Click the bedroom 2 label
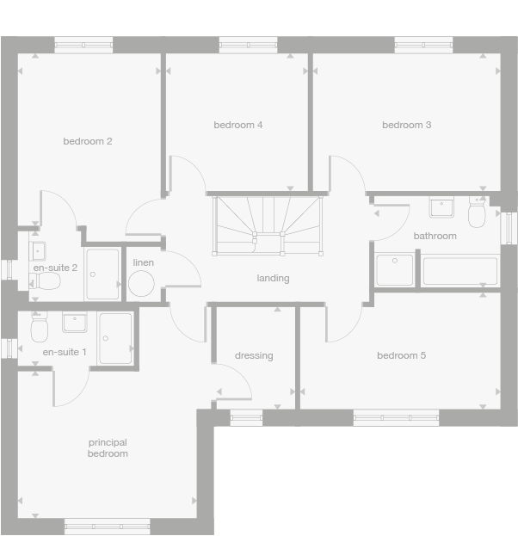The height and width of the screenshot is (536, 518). click(88, 141)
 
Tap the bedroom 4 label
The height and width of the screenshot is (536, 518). click(237, 125)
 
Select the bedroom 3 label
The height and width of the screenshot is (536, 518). click(406, 125)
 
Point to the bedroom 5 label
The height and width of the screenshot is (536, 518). click(401, 355)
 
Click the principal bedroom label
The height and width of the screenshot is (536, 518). click(108, 447)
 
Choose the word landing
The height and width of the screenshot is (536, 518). click(273, 278)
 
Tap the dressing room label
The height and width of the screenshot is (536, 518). click(254, 355)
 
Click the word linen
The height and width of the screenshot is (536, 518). click(143, 262)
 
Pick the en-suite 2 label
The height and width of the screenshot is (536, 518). click(55, 268)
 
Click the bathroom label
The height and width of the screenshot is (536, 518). click(435, 236)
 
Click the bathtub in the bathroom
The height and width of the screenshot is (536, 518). click(459, 271)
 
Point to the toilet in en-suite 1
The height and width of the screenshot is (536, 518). click(38, 329)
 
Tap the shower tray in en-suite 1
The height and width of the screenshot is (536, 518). click(115, 337)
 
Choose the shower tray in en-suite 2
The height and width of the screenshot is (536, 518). click(102, 274)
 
